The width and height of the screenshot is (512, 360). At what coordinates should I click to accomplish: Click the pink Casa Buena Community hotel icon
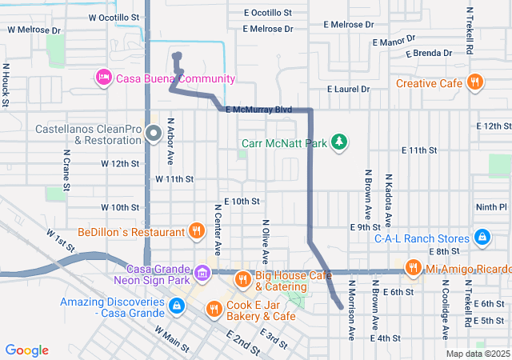click(x=103, y=78)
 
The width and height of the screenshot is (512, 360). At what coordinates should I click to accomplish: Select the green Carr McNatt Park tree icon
click(x=340, y=142)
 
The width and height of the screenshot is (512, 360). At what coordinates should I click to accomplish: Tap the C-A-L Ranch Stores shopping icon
click(x=482, y=238)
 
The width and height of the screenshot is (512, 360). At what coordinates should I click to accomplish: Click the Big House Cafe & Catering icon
click(x=242, y=279)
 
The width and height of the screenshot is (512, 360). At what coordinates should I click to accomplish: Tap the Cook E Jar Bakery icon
click(x=214, y=308)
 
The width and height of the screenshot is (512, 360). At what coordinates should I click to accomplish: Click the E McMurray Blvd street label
click(x=258, y=110)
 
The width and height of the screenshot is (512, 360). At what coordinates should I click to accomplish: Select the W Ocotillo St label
click(x=114, y=17)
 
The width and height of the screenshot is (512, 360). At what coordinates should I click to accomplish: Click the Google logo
click(x=27, y=350)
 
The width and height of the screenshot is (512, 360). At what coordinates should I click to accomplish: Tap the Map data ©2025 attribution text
click(x=477, y=354)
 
